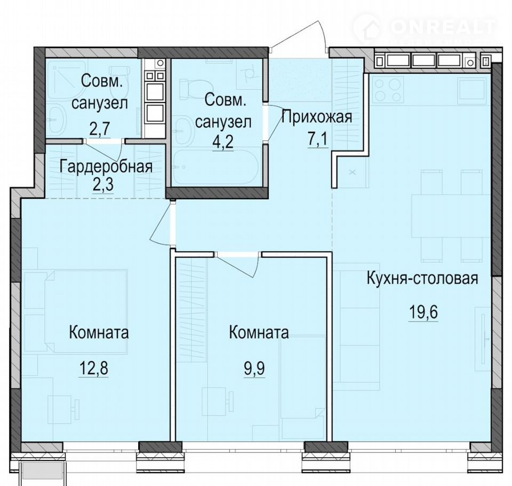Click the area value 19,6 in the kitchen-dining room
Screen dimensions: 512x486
[x=423, y=312]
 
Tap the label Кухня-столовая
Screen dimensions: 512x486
[x=422, y=279]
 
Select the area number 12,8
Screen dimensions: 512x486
[x=93, y=369]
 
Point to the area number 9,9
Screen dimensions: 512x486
[x=254, y=369]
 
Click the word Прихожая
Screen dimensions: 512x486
[x=317, y=117]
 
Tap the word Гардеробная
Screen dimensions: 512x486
[x=106, y=167]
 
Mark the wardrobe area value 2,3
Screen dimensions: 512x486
[x=103, y=185]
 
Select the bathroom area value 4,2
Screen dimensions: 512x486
[x=223, y=142]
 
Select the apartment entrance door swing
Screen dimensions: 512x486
[x=300, y=35]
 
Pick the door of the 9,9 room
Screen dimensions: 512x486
[x=238, y=265]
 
